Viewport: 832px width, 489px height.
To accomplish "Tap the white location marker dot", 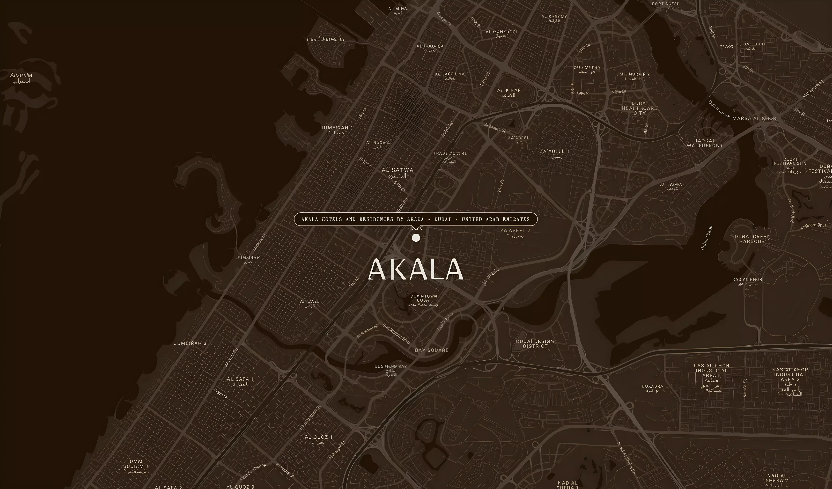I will coord(416,238).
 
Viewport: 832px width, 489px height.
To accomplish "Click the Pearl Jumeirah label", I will coord(326,39).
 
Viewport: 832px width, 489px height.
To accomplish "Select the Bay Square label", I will coord(432,350).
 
